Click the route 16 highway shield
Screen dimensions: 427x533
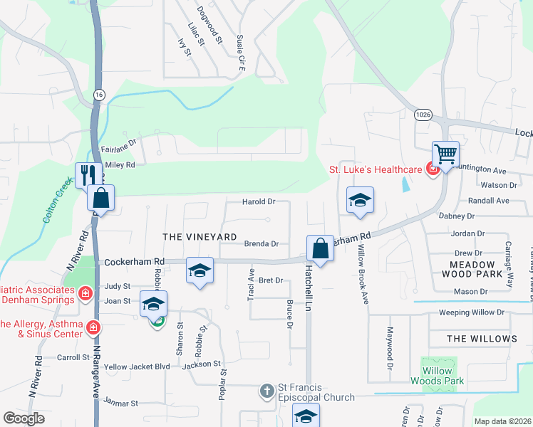coord(98,94)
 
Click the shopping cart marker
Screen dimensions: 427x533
coord(445,154)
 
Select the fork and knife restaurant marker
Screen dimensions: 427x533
coord(88,175)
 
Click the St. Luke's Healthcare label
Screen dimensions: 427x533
coord(376,169)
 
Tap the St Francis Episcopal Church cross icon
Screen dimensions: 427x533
coord(266,391)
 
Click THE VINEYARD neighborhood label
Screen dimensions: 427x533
coord(200,236)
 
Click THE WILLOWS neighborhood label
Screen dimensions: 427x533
coord(482,339)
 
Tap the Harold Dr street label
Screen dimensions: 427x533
coord(259,202)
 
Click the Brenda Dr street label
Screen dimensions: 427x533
coord(261,243)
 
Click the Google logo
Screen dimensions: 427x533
coord(24,418)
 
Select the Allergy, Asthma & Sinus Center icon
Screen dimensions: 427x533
coord(93,327)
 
